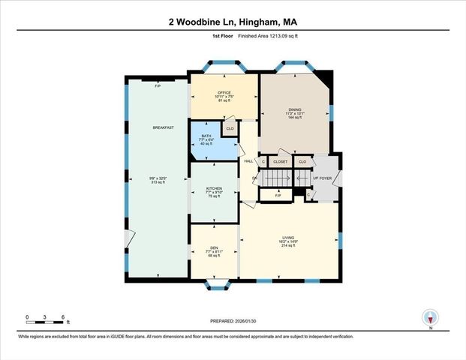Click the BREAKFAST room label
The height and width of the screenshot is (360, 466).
coord(163,128)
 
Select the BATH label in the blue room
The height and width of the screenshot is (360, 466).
coord(206,136)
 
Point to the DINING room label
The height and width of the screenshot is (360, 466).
coord(294,109)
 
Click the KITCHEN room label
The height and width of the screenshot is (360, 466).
coord(215,187)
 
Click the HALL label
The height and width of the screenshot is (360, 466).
coord(248,161)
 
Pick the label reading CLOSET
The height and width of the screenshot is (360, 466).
coord(281,161)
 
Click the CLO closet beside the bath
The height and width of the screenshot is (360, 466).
coord(230,129)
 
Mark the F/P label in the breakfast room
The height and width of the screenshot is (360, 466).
coord(158,86)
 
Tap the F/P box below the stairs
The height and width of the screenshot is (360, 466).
coord(278,196)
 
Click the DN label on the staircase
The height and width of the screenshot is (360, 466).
coord(254,178)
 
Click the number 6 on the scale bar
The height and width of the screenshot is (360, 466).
coord(63,317)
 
